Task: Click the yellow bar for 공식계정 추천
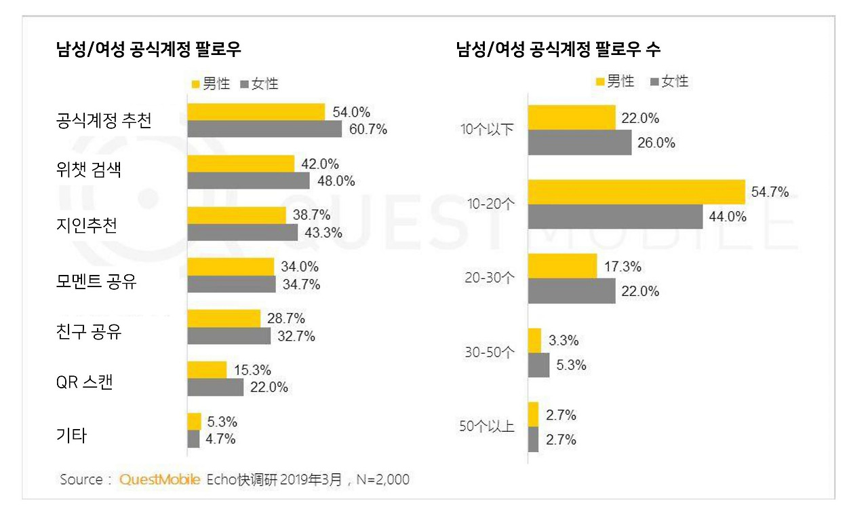coord(256,112)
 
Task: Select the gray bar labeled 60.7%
coord(264,129)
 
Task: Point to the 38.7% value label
coord(311,215)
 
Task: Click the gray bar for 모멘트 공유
coord(231,284)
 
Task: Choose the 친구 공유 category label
coord(89,333)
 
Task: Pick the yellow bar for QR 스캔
coord(207,370)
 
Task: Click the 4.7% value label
coord(221,439)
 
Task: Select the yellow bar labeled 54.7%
coord(636,192)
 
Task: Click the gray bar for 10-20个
coord(615,217)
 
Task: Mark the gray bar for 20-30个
coord(572,291)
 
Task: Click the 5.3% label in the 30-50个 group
coord(572,365)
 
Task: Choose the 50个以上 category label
coord(487,427)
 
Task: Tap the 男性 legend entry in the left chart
coord(211,84)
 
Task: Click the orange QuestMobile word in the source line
coord(159,479)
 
